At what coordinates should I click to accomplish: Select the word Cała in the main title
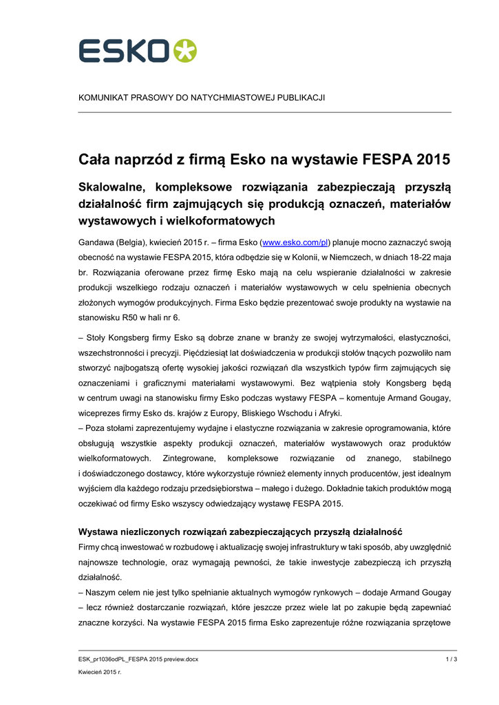(95, 160)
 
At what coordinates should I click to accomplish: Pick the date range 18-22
(411, 257)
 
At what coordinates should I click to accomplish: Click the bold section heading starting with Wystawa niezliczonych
(240, 532)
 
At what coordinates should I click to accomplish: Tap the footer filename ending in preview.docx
(138, 660)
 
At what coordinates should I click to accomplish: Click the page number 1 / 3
(452, 660)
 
